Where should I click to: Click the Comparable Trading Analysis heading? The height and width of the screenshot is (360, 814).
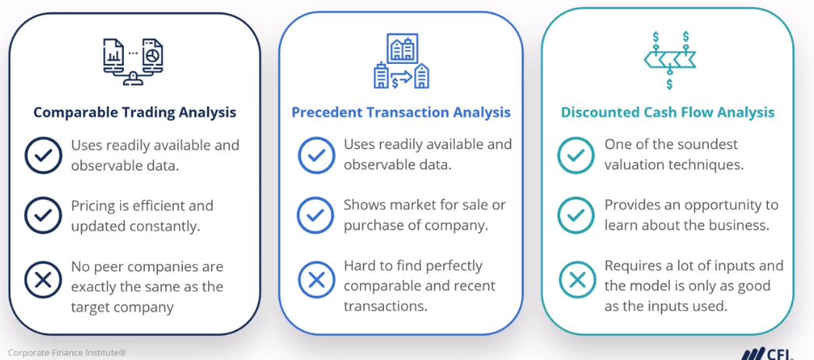(x=134, y=112)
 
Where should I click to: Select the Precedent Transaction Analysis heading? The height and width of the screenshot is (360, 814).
(x=401, y=112)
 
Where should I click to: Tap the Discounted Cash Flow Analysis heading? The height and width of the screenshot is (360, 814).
(x=668, y=112)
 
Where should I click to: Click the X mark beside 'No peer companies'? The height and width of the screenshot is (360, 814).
(x=43, y=277)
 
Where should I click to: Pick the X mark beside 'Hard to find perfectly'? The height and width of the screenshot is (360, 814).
(x=316, y=277)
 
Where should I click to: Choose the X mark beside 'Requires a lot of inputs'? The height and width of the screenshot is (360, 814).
(x=576, y=277)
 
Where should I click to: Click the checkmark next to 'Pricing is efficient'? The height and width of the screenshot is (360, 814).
(x=43, y=215)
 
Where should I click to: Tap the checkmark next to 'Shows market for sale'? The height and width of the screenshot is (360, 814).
(x=316, y=215)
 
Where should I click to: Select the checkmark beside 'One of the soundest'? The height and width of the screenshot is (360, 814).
(x=576, y=155)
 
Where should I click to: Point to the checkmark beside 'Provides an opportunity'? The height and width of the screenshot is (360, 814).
(x=576, y=215)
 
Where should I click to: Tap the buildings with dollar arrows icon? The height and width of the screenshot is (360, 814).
(x=402, y=61)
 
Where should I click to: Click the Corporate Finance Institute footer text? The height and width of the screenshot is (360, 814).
(x=67, y=353)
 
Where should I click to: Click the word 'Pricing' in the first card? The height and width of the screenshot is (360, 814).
(x=94, y=206)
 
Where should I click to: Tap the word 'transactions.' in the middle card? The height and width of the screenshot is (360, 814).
(x=386, y=306)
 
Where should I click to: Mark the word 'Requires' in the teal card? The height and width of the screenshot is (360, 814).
(x=633, y=266)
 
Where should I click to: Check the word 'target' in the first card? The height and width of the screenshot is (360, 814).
(x=92, y=306)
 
